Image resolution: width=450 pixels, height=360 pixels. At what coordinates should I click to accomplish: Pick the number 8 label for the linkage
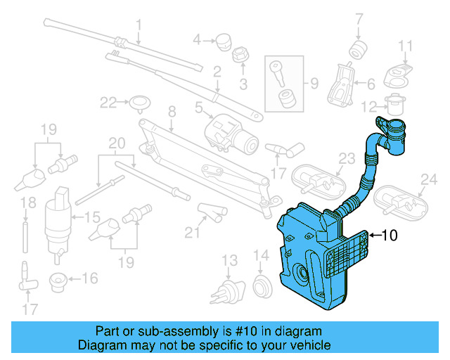pos(171,110)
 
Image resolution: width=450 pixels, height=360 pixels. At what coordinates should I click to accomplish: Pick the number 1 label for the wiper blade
pos(139,25)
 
